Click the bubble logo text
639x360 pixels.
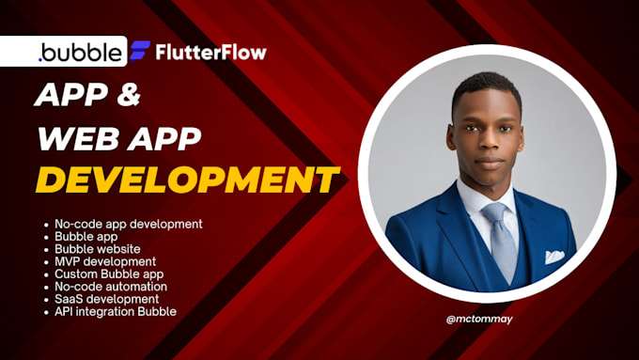point(80,52)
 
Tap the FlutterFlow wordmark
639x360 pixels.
point(210,51)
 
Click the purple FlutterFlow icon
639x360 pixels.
point(139,51)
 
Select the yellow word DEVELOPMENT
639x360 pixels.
point(188,179)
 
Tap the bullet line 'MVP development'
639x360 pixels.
point(105,260)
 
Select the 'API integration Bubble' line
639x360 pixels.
point(116,311)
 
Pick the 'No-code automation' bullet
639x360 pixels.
point(111,286)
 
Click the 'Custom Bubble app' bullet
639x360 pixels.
point(108,274)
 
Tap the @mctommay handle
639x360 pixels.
point(487,319)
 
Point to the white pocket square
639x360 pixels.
point(554,256)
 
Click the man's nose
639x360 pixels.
point(488,141)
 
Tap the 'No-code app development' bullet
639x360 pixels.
point(129,224)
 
